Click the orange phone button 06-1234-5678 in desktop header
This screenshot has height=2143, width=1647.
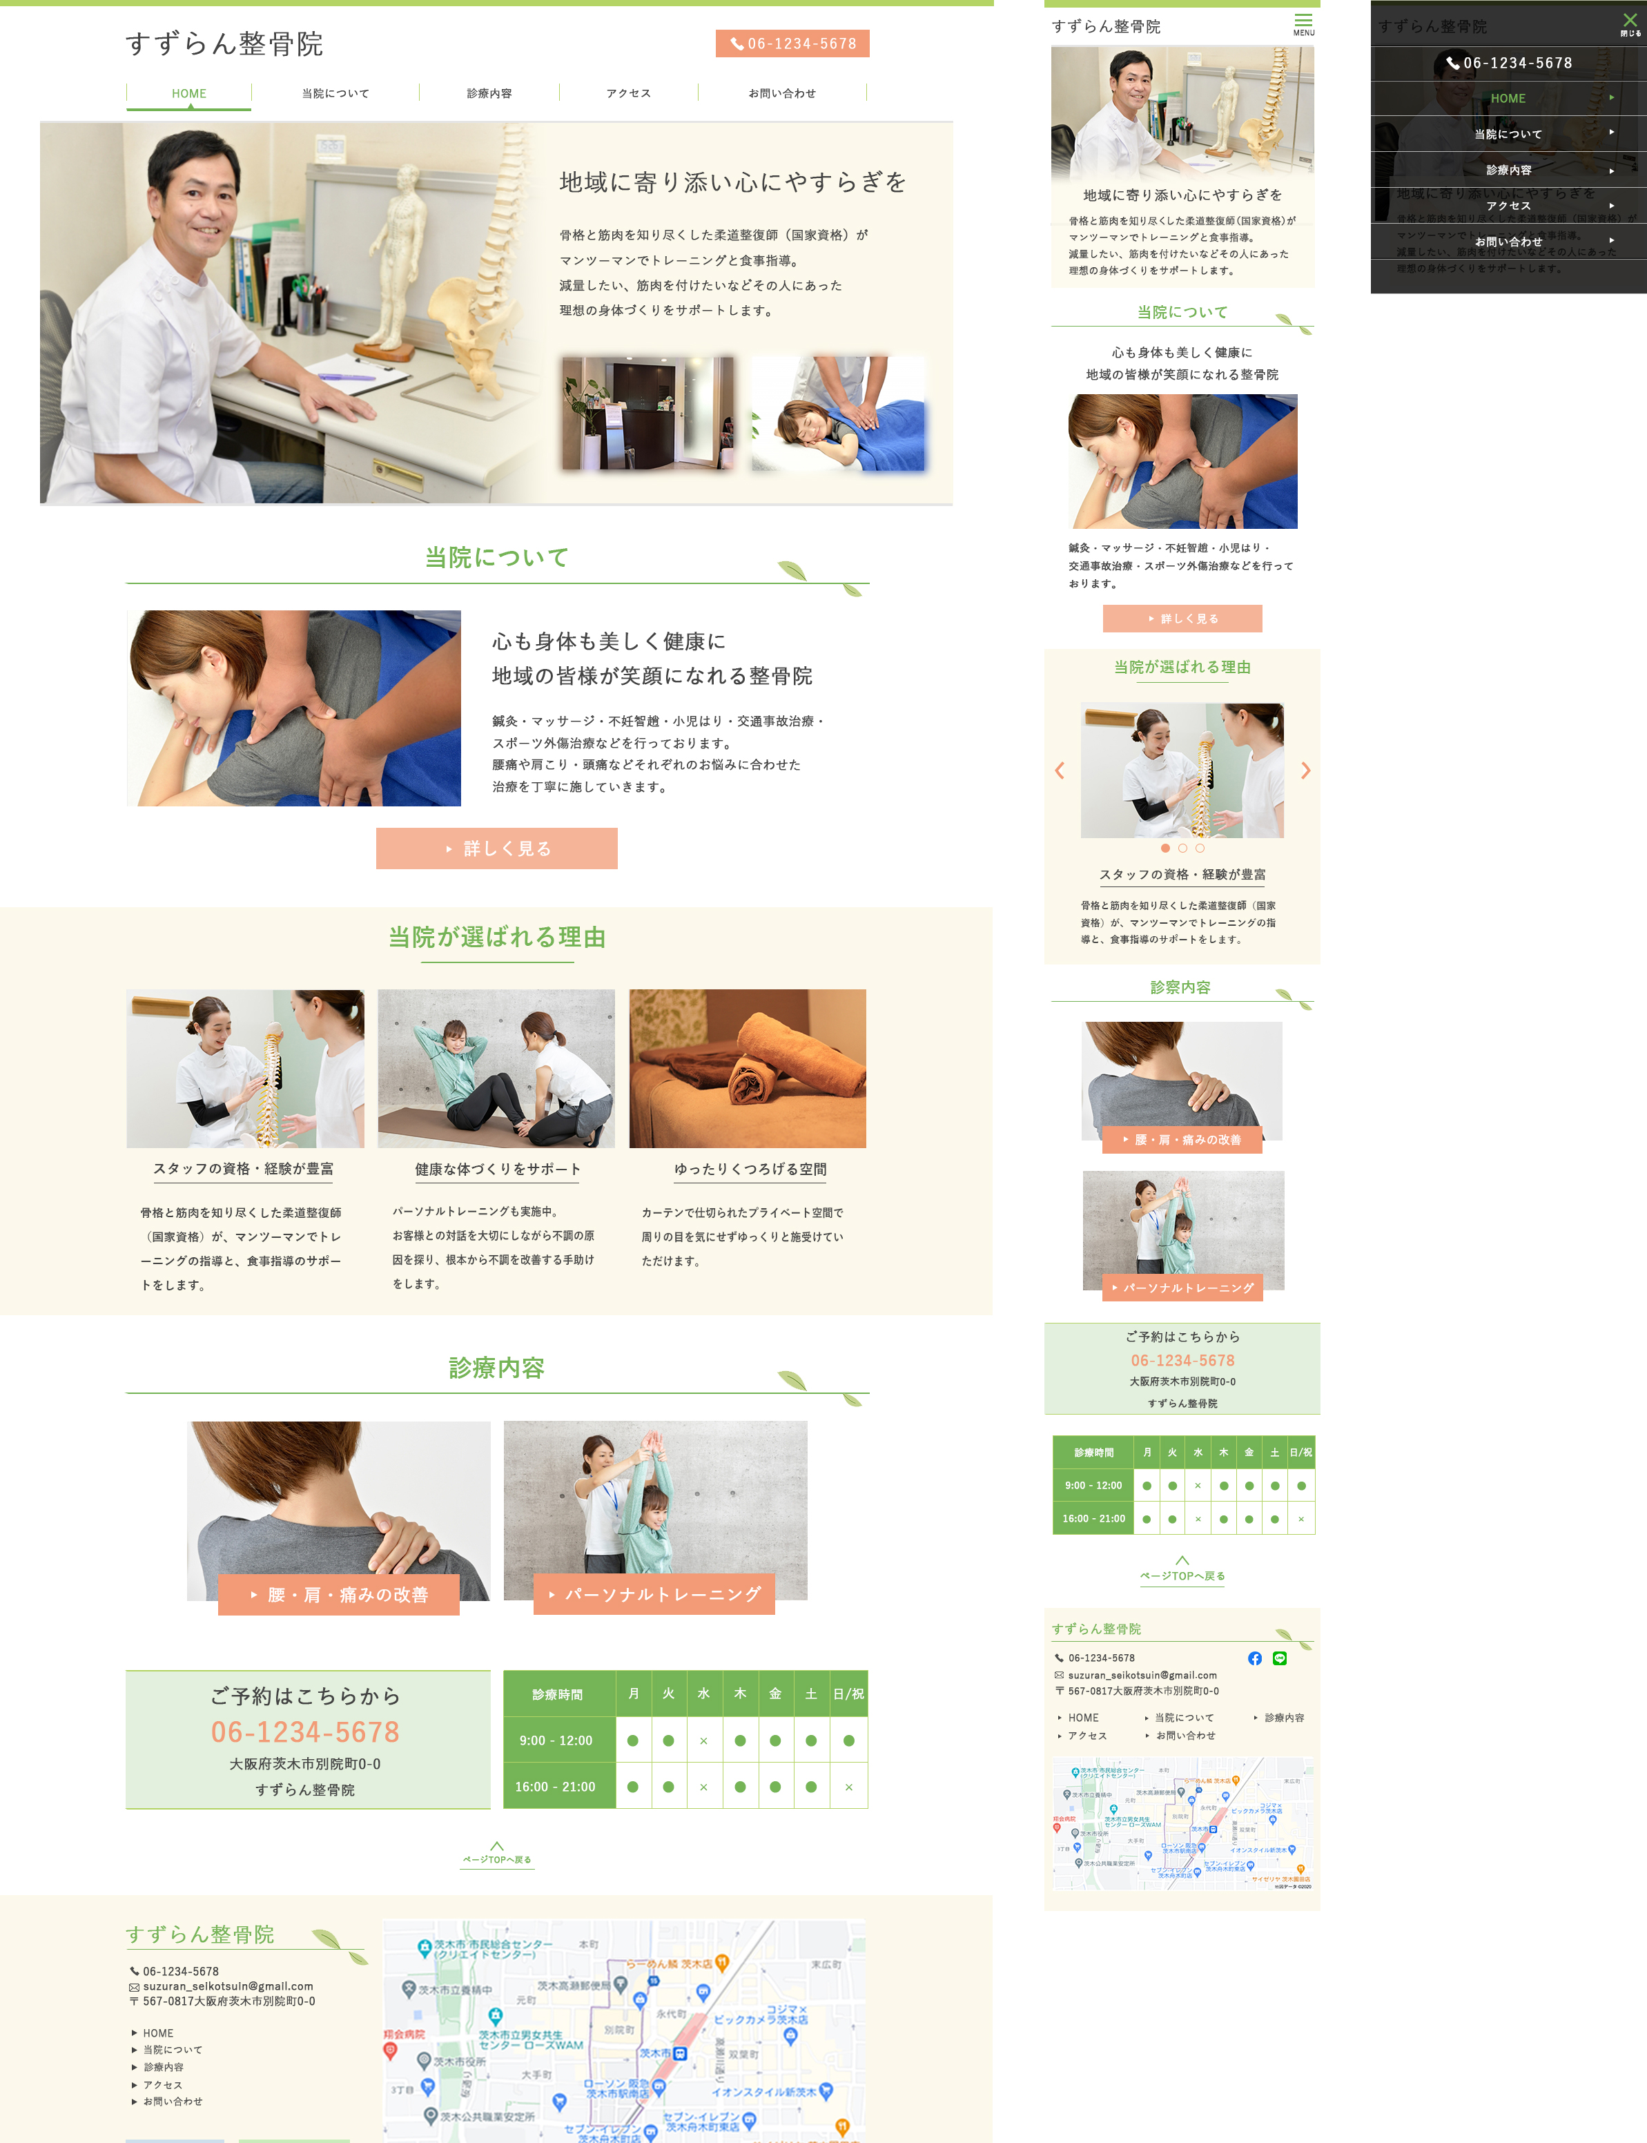792,43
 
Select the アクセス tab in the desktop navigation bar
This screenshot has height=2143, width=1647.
627,93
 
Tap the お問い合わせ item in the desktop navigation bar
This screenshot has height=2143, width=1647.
781,93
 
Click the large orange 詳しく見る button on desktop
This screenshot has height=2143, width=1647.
496,848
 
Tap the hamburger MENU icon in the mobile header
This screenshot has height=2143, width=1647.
1303,23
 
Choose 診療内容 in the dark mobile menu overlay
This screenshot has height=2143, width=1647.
1508,170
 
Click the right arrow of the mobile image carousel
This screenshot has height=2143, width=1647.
1305,770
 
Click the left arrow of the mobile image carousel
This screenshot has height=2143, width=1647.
1060,770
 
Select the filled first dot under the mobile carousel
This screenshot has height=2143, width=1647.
1164,848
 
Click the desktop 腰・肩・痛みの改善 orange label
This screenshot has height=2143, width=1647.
338,1594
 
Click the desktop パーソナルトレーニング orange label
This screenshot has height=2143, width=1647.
654,1594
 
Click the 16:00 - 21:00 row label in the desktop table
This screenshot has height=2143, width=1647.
556,1786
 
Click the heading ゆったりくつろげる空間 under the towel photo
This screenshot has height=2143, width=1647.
750,1169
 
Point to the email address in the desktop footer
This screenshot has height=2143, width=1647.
227,1986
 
